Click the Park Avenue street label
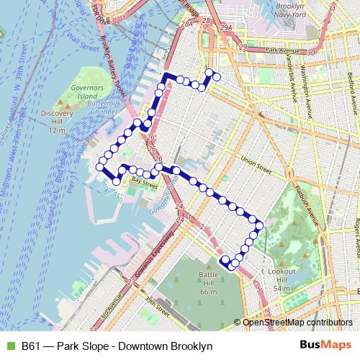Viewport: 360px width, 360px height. (x=282, y=50)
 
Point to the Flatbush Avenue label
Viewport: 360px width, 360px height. (x=305, y=204)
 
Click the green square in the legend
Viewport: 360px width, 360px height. (x=9, y=346)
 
